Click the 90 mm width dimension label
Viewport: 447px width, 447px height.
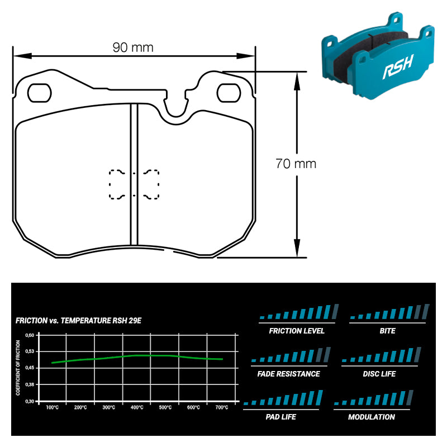133,47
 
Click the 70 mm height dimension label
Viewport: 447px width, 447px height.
296,164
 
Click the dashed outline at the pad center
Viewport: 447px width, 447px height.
134,184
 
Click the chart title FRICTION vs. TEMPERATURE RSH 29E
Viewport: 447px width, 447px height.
79,321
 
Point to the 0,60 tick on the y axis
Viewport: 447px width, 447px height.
30,335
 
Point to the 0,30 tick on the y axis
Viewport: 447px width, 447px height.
30,401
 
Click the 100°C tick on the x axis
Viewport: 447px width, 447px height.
52,408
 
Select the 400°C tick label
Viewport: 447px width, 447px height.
137,408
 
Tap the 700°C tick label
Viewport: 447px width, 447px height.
221,408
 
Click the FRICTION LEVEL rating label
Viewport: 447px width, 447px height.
297,331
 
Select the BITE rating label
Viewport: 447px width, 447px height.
387,331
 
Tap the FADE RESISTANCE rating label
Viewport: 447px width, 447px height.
289,374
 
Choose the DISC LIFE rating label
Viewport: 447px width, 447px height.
379,374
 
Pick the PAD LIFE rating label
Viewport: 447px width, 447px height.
281,417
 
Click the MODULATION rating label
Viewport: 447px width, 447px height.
372,417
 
